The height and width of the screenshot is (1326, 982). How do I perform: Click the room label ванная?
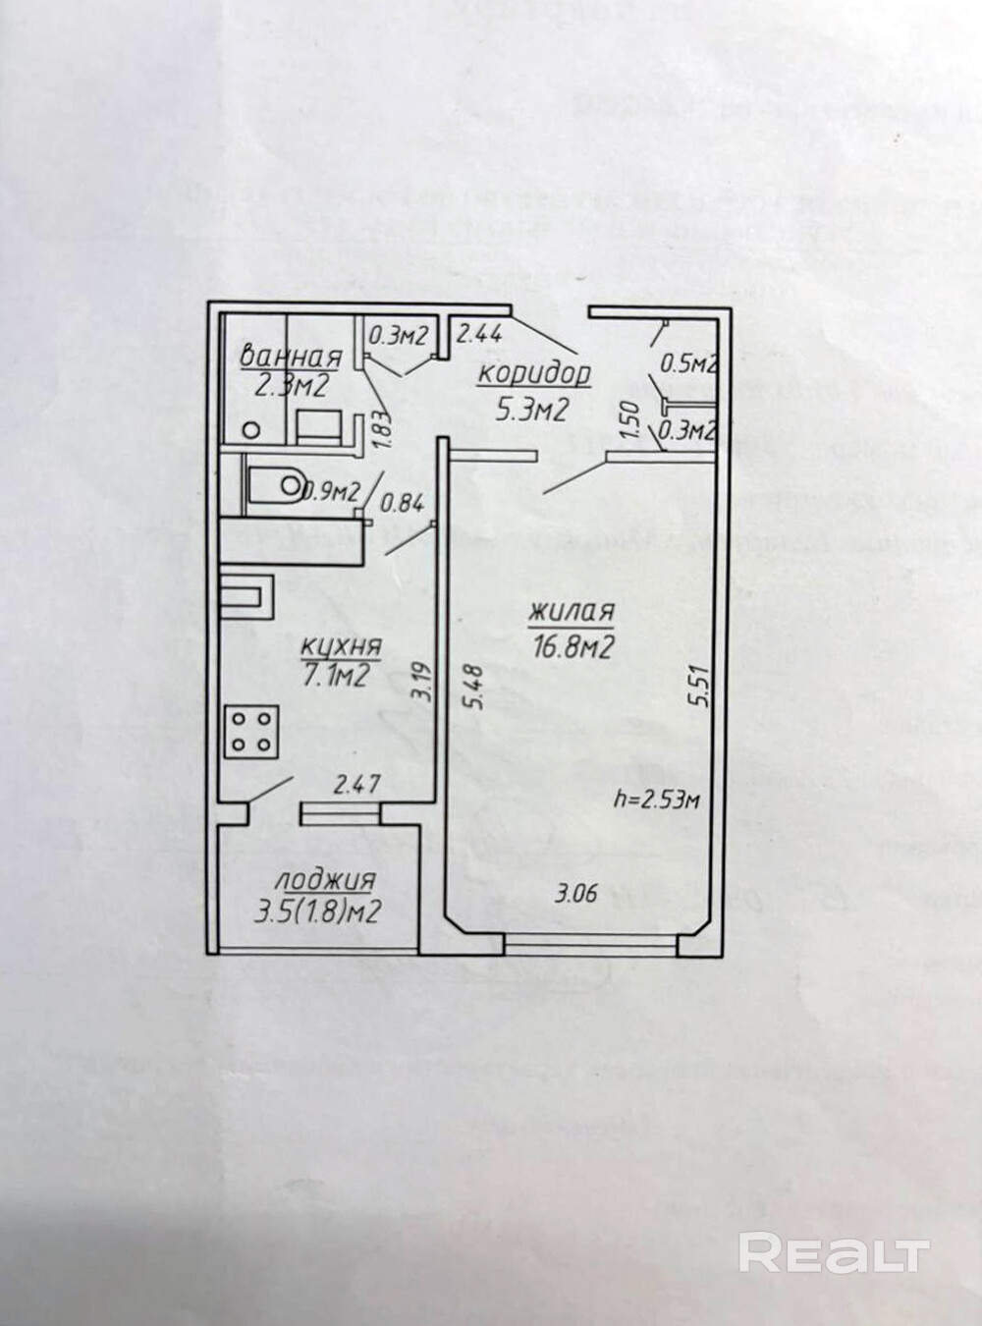point(291,356)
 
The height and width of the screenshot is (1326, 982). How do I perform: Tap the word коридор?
point(535,374)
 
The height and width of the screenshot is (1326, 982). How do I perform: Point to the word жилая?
point(571,613)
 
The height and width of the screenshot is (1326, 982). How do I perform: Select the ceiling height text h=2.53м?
point(654,801)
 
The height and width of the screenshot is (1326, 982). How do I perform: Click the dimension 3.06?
point(575,894)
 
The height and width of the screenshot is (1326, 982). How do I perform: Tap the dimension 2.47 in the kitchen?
point(355,785)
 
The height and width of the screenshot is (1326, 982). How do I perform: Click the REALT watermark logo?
point(833,1254)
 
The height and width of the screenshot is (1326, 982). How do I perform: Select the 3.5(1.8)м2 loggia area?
point(318,912)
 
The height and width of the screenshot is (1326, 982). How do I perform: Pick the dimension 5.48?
point(476,688)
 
